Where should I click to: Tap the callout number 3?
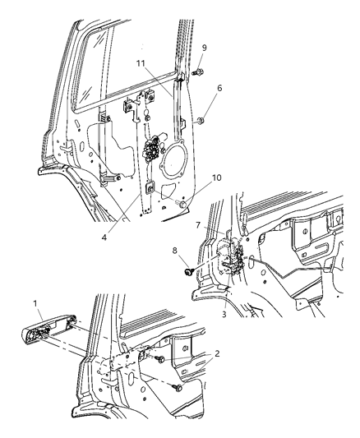223,313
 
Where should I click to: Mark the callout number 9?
205,48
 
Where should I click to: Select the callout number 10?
217,177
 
